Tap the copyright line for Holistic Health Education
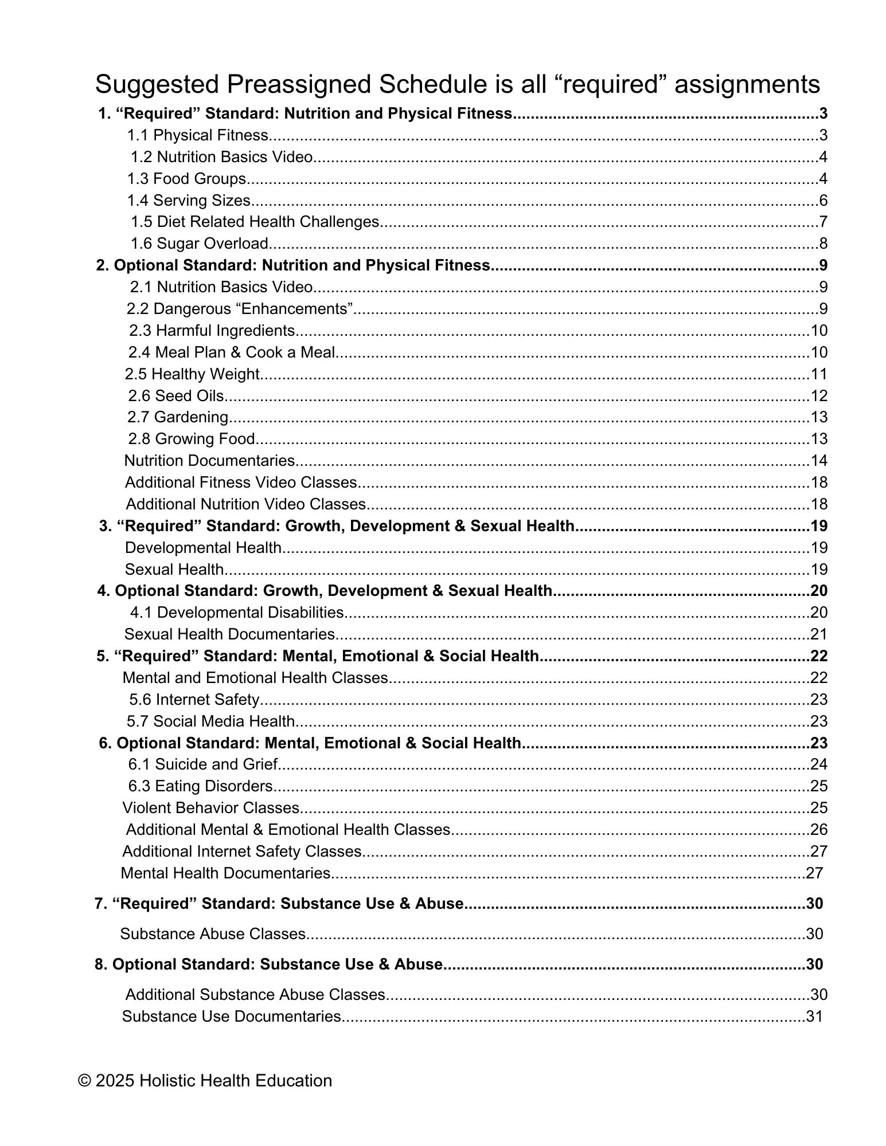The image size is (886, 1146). [x=205, y=1081]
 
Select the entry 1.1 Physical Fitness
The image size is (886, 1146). [x=198, y=135]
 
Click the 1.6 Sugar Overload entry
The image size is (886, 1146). [x=200, y=244]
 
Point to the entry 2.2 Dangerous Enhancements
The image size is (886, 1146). [x=240, y=309]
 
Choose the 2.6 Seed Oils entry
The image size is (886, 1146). [x=176, y=395]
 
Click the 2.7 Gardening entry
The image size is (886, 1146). [x=178, y=417]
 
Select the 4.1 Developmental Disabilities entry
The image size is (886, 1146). [x=237, y=613]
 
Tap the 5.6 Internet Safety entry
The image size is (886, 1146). [x=194, y=700]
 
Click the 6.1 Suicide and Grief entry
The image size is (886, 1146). [x=203, y=764]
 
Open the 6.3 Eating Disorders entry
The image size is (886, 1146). [x=200, y=786]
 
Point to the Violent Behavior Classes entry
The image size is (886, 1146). [x=211, y=808]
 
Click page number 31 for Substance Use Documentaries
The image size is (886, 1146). [x=814, y=1017]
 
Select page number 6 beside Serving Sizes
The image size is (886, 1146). [x=823, y=201]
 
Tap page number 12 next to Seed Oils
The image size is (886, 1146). [x=819, y=395]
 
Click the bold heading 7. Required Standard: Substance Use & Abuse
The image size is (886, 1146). [x=279, y=904]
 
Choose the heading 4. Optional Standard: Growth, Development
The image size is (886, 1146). [x=325, y=591]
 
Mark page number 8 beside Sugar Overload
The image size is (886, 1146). [x=823, y=244]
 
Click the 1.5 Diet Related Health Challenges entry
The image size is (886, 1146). [x=255, y=222]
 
